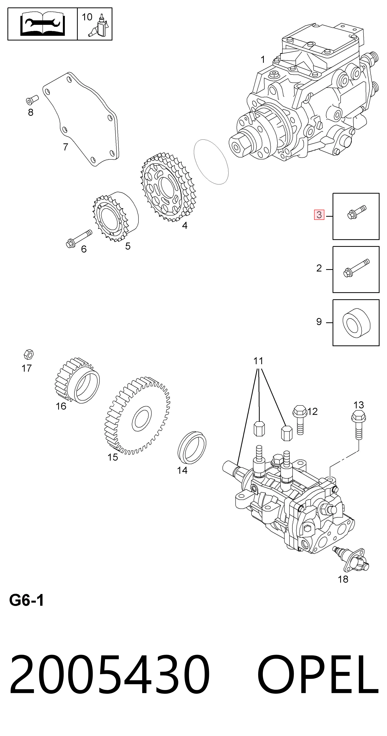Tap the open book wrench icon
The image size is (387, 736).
point(43,24)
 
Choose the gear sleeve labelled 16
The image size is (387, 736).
point(77,380)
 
